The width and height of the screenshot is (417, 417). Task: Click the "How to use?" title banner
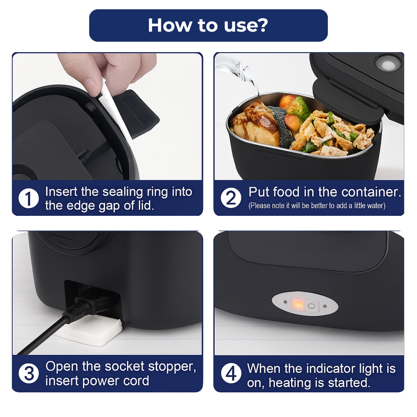tap(208, 25)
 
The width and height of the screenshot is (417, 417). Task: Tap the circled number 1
tap(29, 198)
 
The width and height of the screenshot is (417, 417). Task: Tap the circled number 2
tap(231, 198)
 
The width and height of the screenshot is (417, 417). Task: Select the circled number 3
tap(29, 374)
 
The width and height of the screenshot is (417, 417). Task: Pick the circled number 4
tap(231, 374)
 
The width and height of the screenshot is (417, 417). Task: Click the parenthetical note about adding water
tap(317, 206)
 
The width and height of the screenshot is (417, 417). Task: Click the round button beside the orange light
tap(311, 306)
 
